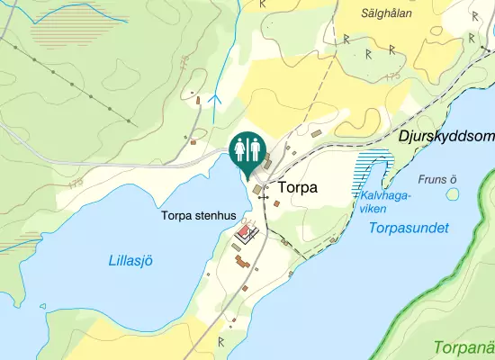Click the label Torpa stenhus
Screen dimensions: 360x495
click(198, 216)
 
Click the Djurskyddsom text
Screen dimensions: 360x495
click(446, 136)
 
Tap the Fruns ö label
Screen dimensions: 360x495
click(438, 179)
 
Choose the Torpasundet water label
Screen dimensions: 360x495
click(409, 229)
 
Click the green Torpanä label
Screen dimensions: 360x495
click(463, 346)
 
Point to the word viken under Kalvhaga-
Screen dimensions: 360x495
click(373, 209)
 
